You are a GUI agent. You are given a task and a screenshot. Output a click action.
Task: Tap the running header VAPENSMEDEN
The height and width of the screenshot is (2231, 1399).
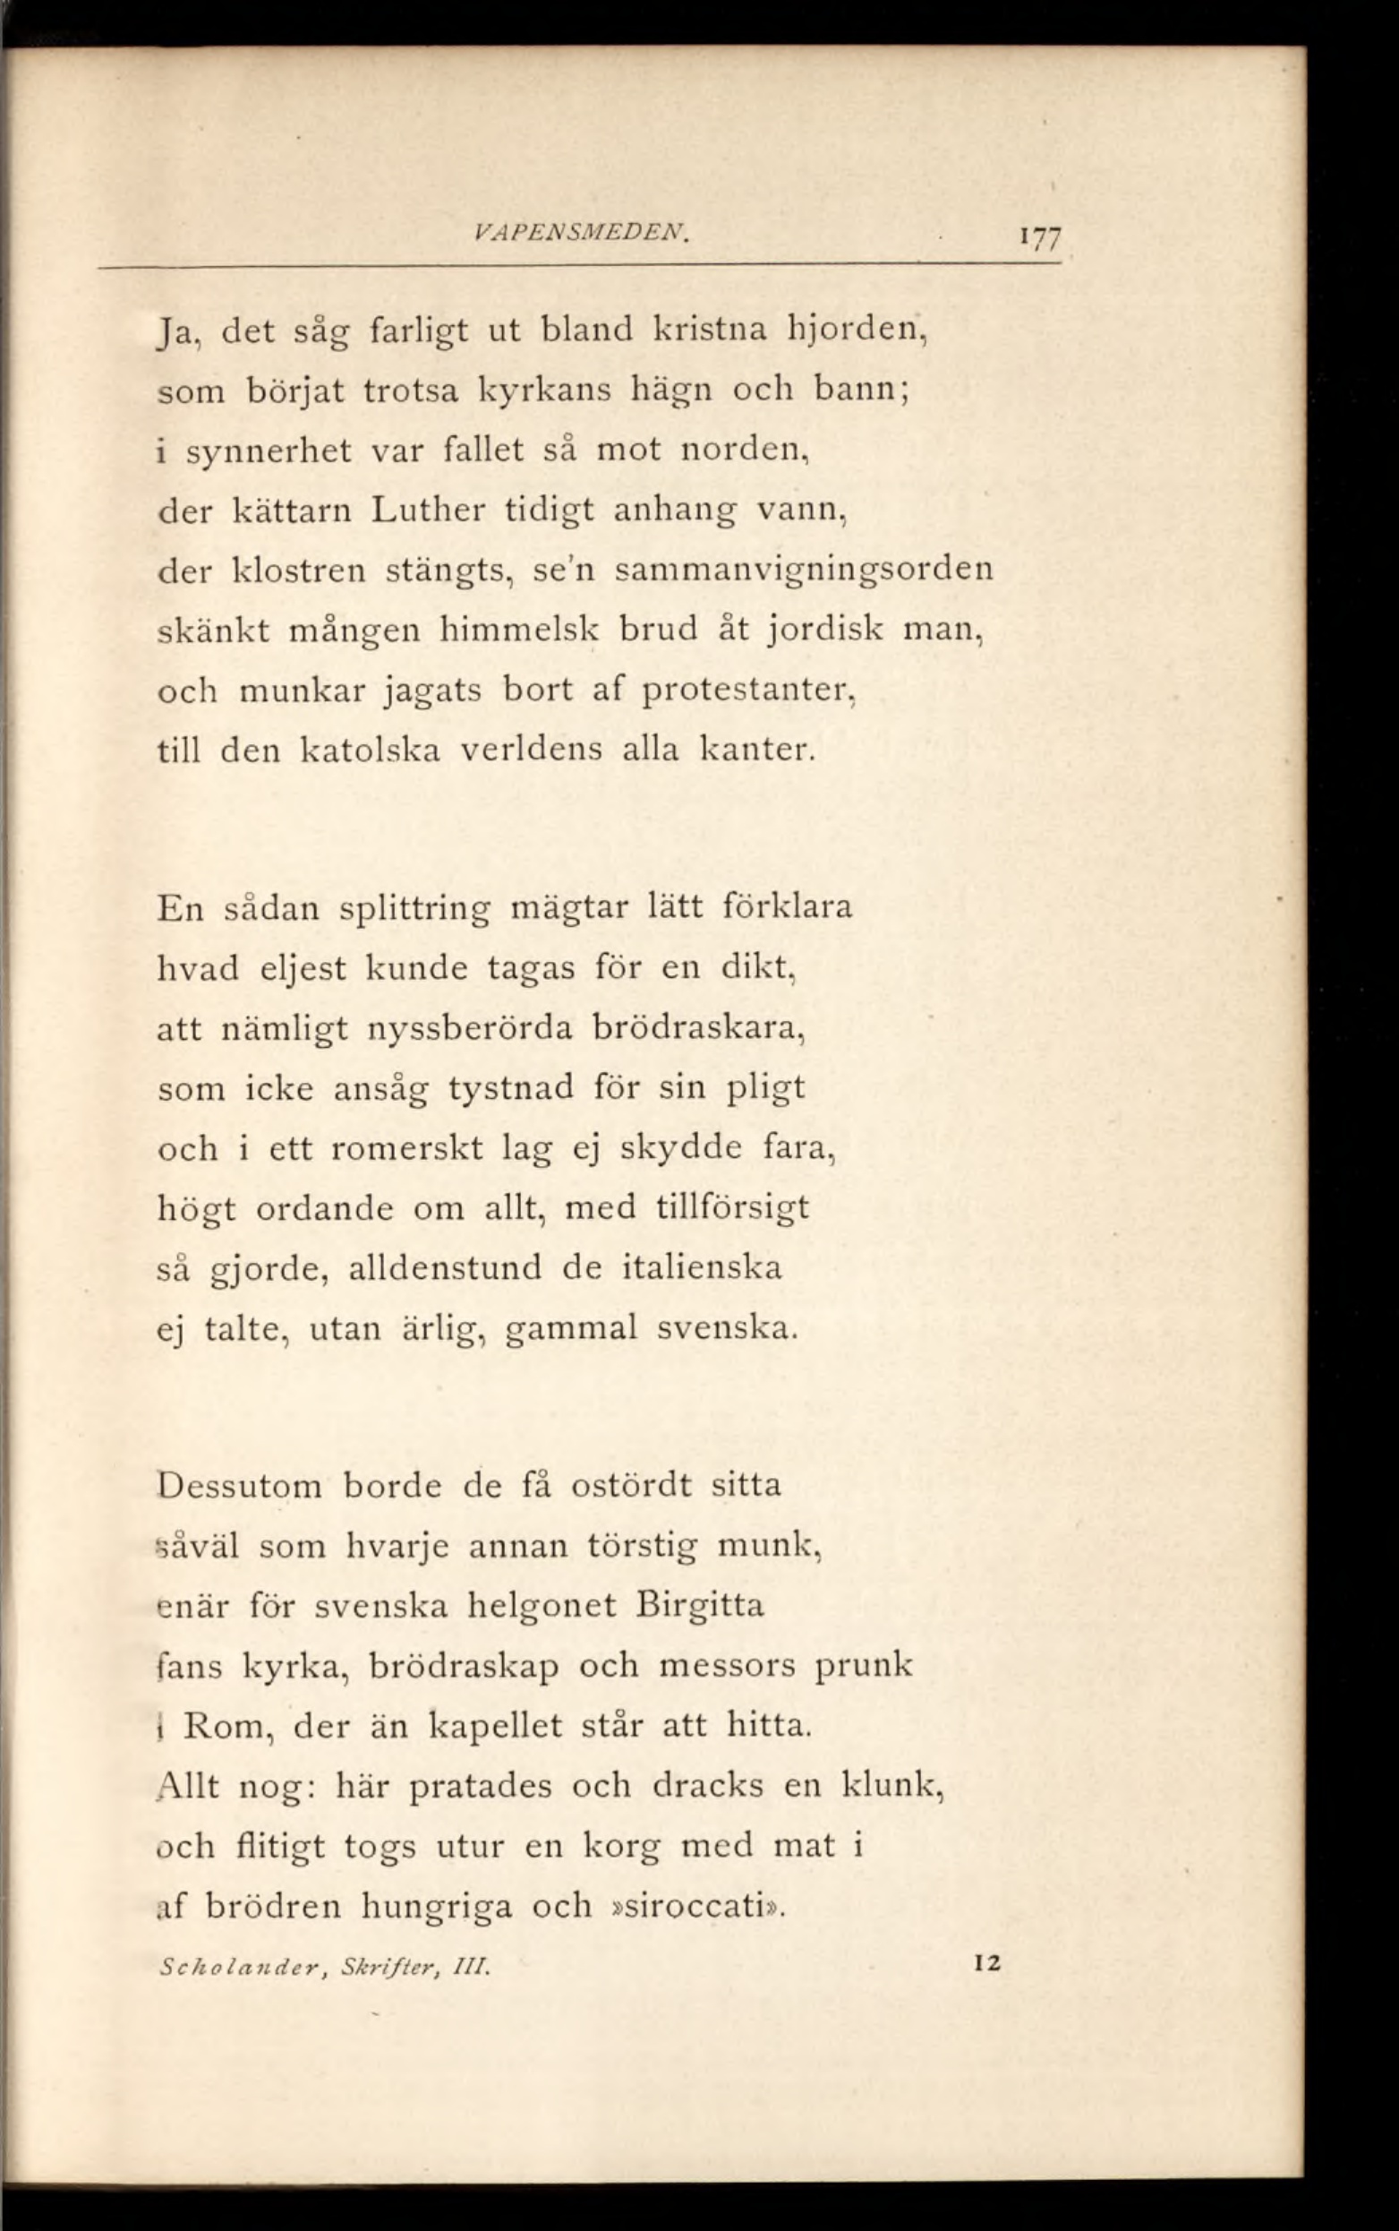pos(582,236)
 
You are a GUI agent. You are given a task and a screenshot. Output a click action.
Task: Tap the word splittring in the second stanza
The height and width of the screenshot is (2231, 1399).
pos(414,908)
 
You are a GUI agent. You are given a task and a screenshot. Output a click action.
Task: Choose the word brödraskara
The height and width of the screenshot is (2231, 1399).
pos(696,1028)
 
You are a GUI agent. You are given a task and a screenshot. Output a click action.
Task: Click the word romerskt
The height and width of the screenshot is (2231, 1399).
pos(406,1148)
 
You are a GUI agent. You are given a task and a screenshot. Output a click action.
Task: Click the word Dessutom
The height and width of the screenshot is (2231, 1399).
pos(240,1486)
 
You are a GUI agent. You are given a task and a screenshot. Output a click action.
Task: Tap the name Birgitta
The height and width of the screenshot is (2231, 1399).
pos(701,1604)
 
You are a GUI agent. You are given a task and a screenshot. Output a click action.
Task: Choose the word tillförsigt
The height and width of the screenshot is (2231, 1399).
pos(732,1208)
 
